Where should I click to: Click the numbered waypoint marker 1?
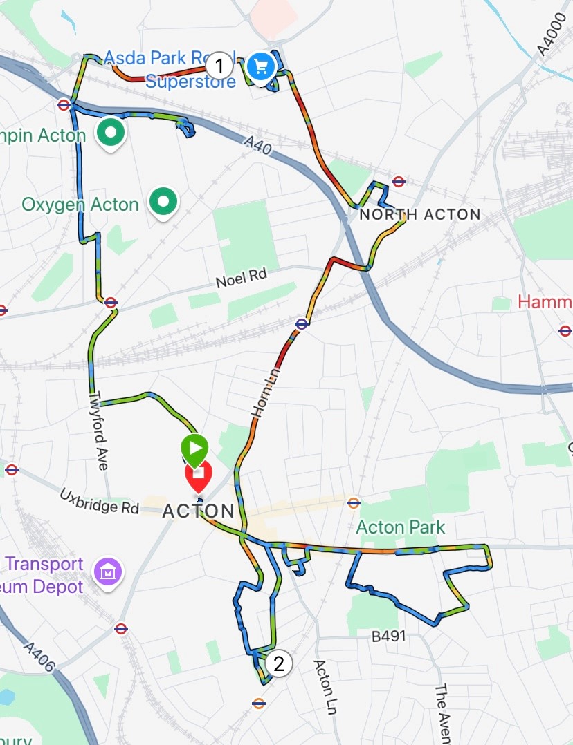pyautogui.click(x=219, y=67)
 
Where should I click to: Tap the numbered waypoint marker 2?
pyautogui.click(x=279, y=663)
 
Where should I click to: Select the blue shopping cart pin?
pyautogui.click(x=260, y=67)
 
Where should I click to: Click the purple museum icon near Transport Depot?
pyautogui.click(x=108, y=572)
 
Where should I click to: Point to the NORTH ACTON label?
pyautogui.click(x=419, y=214)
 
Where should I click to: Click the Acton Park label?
pyautogui.click(x=401, y=528)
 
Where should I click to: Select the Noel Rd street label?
pyautogui.click(x=241, y=278)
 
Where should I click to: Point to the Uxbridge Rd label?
pyautogui.click(x=99, y=502)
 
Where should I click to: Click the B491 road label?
pyautogui.click(x=388, y=636)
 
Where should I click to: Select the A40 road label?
pyautogui.click(x=257, y=147)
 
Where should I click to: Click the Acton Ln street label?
pyautogui.click(x=324, y=688)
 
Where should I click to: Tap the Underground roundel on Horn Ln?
pyautogui.click(x=301, y=323)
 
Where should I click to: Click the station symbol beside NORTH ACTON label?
pyautogui.click(x=397, y=181)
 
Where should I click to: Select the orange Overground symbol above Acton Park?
pyautogui.click(x=354, y=502)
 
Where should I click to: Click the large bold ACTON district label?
pyautogui.click(x=198, y=511)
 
